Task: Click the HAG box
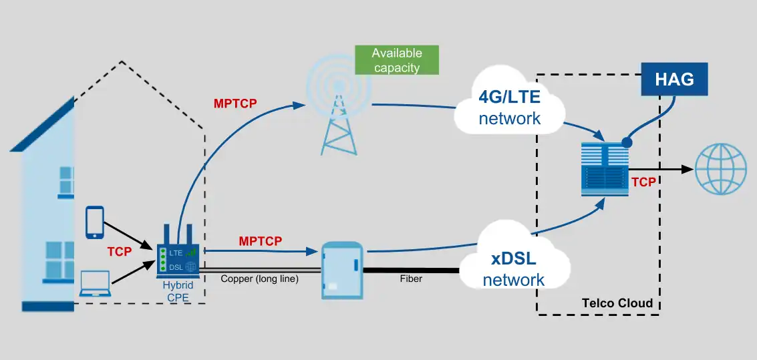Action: [x=674, y=79]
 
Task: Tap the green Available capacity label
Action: [x=397, y=60]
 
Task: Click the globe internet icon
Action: [x=720, y=170]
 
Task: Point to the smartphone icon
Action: [x=95, y=222]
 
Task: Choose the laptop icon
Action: [x=95, y=284]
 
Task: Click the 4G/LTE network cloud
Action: [x=509, y=108]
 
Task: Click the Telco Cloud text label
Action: [x=617, y=303]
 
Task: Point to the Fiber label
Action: [x=411, y=279]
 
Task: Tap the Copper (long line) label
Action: [x=259, y=279]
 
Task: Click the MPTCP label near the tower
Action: [x=235, y=104]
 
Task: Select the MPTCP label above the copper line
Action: [x=260, y=240]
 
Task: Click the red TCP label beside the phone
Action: [x=119, y=252]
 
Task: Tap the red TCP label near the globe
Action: [x=643, y=182]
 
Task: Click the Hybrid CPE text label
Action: [x=178, y=291]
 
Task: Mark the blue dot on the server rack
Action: [x=626, y=142]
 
